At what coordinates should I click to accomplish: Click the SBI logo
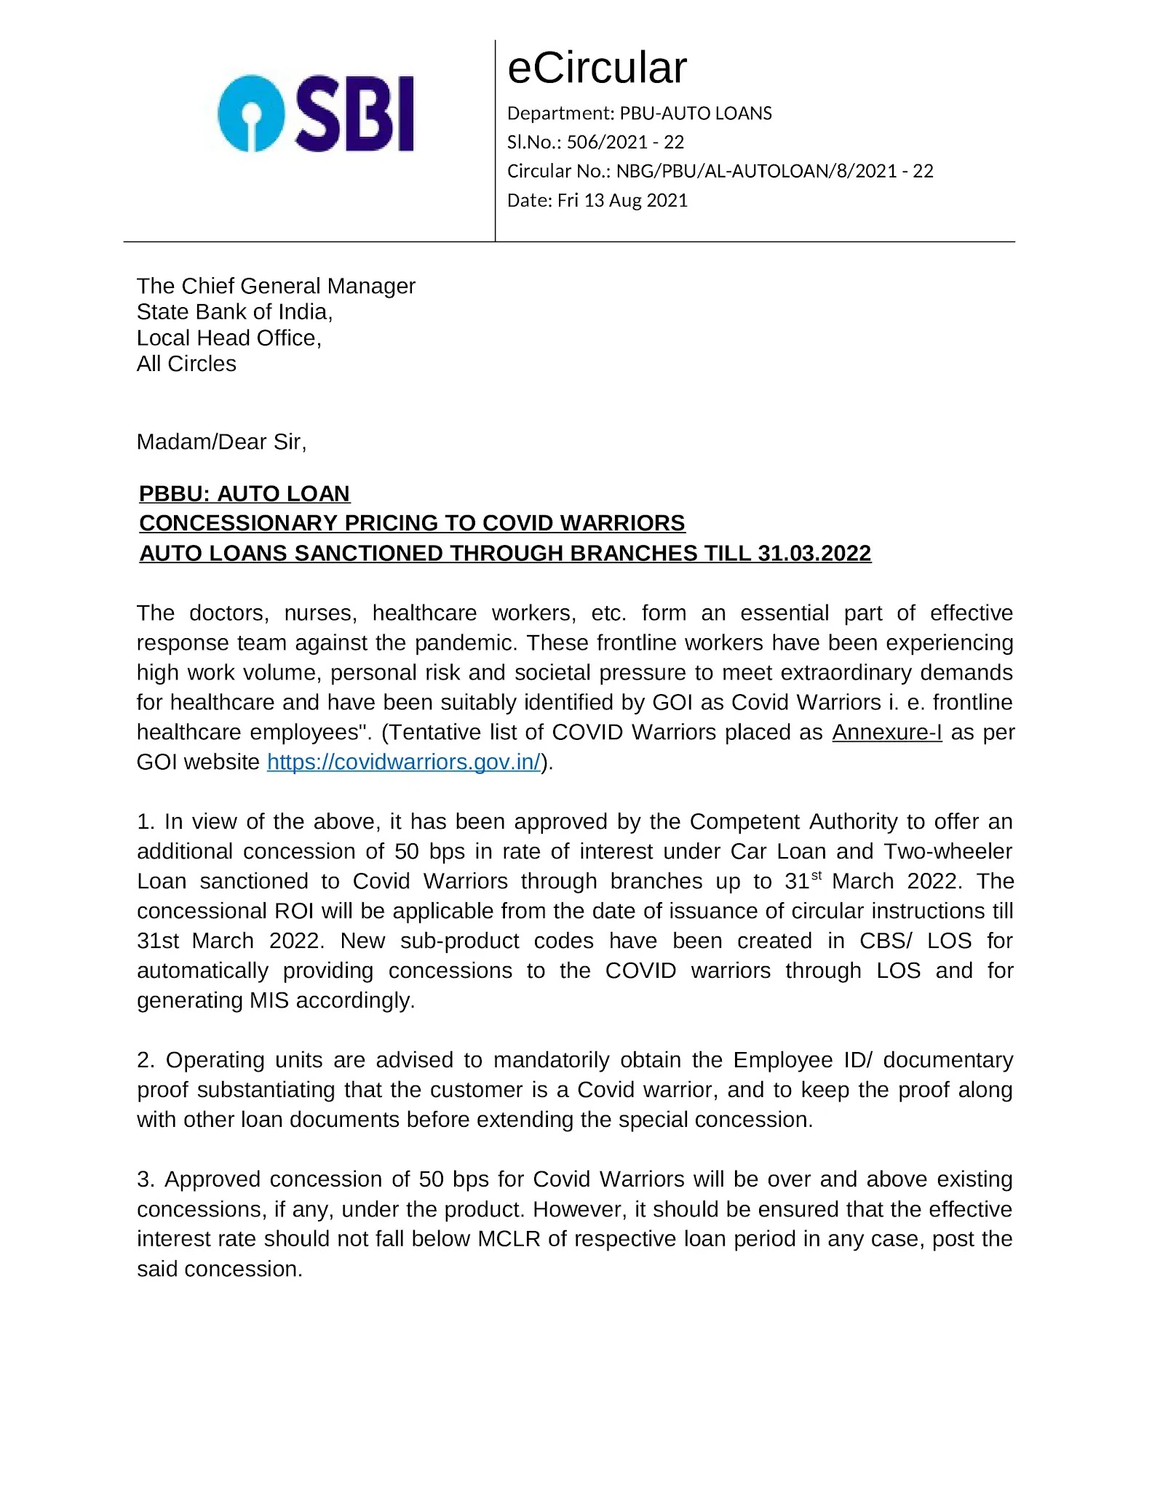tap(316, 113)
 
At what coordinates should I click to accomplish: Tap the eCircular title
tap(597, 68)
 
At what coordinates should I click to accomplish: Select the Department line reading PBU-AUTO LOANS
tap(639, 113)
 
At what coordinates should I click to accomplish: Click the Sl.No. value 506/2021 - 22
tap(625, 142)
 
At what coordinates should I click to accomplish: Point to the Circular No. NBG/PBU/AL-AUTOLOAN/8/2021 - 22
tap(774, 171)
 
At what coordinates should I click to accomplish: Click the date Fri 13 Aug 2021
tap(622, 200)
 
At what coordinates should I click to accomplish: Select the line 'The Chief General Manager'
tap(276, 286)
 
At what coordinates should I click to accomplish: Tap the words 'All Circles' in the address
tap(186, 364)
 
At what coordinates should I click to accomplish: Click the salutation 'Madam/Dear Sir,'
tap(221, 442)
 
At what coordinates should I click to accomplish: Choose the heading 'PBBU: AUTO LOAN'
tap(245, 493)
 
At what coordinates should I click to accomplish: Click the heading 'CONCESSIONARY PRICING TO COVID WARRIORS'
tap(412, 523)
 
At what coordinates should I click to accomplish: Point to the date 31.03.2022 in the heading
tap(814, 554)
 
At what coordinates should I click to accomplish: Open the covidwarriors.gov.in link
tap(404, 762)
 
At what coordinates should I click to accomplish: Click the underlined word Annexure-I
tap(886, 732)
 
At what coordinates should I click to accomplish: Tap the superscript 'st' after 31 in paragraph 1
tap(817, 876)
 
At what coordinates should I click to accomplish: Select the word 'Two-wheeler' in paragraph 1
tap(948, 851)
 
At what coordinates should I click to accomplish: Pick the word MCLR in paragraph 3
tap(509, 1239)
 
